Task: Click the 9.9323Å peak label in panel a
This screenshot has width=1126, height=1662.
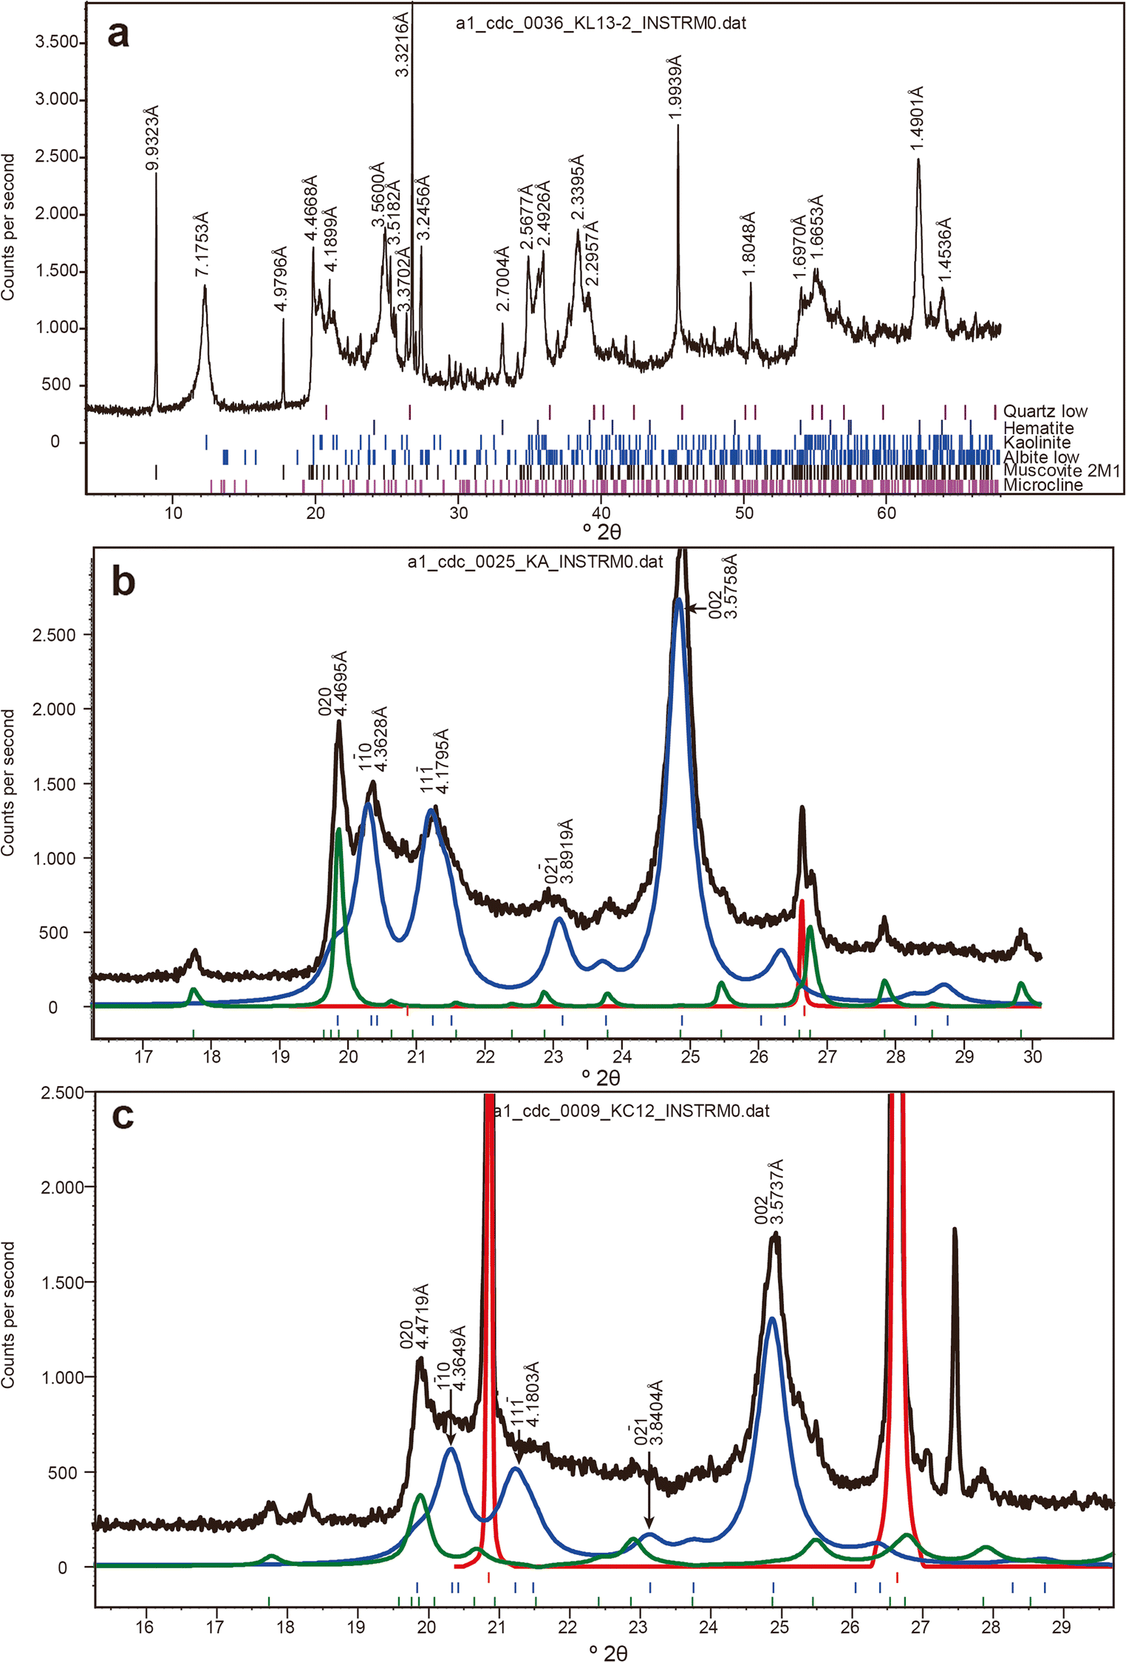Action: tap(152, 138)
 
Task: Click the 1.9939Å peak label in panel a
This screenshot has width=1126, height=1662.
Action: tap(675, 86)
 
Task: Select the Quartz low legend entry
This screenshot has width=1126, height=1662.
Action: tap(1045, 411)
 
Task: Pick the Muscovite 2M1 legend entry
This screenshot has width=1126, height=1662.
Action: tap(1061, 471)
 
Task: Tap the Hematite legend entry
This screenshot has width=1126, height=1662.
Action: tap(1038, 427)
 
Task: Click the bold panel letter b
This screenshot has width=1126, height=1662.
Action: tap(123, 582)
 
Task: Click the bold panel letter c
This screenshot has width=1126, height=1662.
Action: tap(123, 1116)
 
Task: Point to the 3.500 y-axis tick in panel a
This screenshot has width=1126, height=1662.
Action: tap(57, 42)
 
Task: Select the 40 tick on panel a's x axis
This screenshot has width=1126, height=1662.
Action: tap(601, 513)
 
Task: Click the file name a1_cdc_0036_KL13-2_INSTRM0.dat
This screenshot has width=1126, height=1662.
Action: tap(601, 24)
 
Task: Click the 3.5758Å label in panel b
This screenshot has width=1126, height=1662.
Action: tap(730, 588)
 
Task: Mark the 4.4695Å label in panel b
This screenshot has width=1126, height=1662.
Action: tap(340, 683)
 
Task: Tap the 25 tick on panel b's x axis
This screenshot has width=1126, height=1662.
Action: tap(690, 1057)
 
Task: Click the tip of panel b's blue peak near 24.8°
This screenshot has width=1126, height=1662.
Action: tap(678, 600)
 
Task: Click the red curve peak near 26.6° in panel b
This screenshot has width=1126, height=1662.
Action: tap(802, 902)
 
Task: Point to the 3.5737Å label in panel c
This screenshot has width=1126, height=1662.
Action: tap(777, 1192)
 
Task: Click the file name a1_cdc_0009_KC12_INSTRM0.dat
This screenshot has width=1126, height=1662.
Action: tap(632, 1111)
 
